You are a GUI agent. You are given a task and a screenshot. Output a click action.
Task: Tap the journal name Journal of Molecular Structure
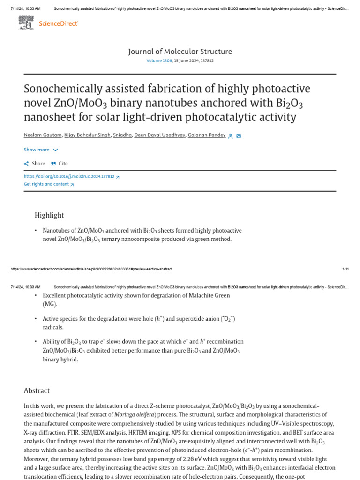tap(180, 52)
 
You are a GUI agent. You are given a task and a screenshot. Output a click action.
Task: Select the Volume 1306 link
tap(159, 61)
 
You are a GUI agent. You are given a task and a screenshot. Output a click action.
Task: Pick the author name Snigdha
tap(122, 135)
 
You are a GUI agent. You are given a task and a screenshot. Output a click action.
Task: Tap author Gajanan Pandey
tap(206, 135)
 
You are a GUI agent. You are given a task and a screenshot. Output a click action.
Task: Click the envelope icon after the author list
tap(239, 136)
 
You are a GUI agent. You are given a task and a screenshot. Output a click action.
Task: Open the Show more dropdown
tap(41, 150)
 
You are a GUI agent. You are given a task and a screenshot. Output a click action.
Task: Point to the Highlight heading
tap(49, 215)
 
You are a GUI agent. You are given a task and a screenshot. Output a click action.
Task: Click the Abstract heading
tap(37, 390)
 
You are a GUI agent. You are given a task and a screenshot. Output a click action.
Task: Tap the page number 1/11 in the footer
tap(345, 269)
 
